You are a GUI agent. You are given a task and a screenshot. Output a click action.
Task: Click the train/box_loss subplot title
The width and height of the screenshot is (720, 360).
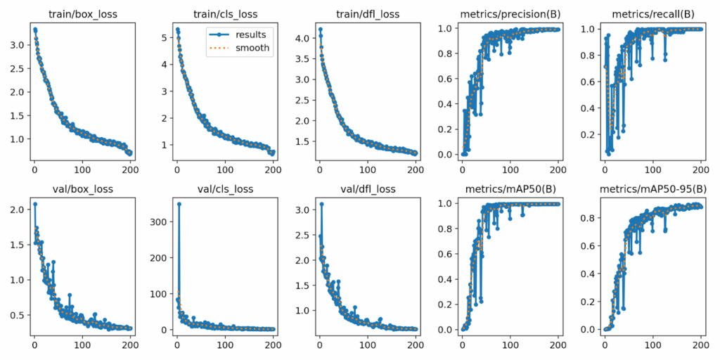click(x=82, y=13)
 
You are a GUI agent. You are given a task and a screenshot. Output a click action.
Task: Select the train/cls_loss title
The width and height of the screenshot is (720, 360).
click(x=225, y=13)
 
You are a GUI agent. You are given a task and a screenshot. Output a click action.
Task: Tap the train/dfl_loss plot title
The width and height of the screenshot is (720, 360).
click(x=367, y=13)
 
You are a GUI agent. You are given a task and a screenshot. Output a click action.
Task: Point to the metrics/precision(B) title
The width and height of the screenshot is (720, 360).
click(x=509, y=13)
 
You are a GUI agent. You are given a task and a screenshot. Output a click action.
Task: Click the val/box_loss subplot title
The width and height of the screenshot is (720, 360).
click(x=82, y=188)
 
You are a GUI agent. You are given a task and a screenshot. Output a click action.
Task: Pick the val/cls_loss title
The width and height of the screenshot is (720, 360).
click(x=225, y=188)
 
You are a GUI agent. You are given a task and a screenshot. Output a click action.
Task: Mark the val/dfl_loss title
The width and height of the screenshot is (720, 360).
click(x=367, y=188)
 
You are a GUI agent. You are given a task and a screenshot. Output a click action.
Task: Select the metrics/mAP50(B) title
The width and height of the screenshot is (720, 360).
click(x=509, y=188)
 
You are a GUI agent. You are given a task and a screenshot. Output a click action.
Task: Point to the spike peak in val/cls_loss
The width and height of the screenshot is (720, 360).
click(x=179, y=204)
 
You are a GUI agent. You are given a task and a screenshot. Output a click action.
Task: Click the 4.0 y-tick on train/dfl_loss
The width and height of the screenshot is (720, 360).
click(x=301, y=38)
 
